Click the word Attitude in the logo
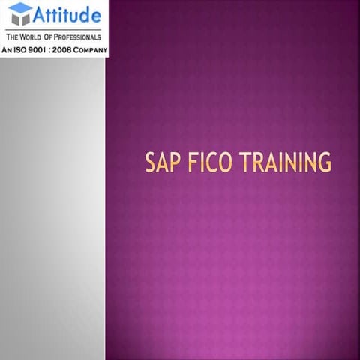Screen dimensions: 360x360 pyautogui.click(x=65, y=13)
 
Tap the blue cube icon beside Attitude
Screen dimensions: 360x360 pyautogui.click(x=20, y=14)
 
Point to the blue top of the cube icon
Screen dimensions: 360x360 pyautogui.click(x=20, y=7)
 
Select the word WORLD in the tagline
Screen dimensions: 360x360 pyautogui.click(x=34, y=36)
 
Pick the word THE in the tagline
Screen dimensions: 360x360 pyautogui.click(x=13, y=36)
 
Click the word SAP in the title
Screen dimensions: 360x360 pyautogui.click(x=163, y=162)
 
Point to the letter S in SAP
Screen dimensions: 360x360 pyautogui.click(x=151, y=162)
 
